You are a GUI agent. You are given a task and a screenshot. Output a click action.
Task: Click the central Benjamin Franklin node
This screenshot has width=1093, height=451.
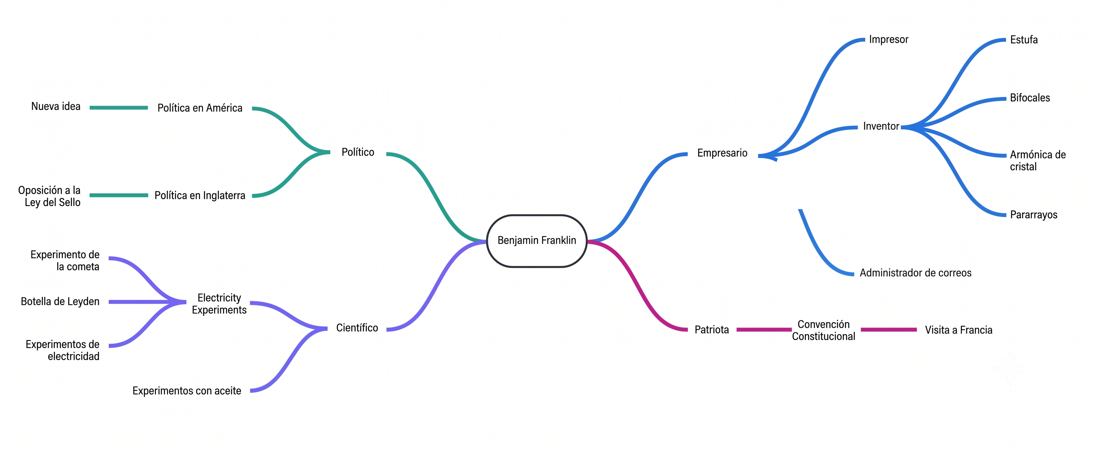click(x=537, y=241)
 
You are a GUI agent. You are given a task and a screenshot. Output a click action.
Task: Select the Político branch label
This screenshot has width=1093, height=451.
click(x=358, y=152)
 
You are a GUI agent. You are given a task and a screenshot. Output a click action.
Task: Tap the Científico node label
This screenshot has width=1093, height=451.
click(x=357, y=328)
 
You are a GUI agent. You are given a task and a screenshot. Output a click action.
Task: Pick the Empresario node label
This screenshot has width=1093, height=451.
click(x=722, y=153)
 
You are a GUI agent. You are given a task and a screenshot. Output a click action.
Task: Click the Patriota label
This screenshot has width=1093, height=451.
click(x=712, y=329)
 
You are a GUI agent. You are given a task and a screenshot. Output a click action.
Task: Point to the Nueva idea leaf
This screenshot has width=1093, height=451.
click(x=56, y=107)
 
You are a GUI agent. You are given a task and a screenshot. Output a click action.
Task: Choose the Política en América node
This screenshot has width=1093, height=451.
click(x=200, y=108)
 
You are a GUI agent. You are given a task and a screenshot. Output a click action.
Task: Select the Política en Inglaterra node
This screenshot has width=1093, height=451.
click(x=200, y=195)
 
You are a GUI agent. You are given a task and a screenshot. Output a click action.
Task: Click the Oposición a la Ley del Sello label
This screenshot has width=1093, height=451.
click(x=49, y=196)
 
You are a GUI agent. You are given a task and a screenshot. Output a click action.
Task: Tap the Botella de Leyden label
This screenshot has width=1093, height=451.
click(x=60, y=301)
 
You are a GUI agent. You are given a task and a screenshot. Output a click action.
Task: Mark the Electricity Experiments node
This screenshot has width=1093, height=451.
click(x=219, y=304)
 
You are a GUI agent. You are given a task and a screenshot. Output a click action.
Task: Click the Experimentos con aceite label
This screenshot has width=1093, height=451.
click(x=187, y=391)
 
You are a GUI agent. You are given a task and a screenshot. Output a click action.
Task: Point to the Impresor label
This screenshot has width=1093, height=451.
click(x=889, y=40)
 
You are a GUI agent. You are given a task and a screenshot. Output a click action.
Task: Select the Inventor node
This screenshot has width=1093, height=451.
click(x=881, y=126)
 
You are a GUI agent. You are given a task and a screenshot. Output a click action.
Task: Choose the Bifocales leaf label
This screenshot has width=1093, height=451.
click(x=1030, y=98)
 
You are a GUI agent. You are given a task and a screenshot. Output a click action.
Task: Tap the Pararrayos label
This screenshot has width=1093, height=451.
click(x=1033, y=215)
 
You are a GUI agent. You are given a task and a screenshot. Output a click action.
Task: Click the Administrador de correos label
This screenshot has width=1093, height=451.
click(x=915, y=273)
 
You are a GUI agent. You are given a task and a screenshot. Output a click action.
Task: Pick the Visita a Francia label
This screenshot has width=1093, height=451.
click(x=958, y=330)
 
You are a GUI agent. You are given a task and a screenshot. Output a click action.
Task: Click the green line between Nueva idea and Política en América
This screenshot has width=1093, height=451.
click(x=119, y=108)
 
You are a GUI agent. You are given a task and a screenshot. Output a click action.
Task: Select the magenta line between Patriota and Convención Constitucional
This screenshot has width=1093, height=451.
click(x=764, y=329)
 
